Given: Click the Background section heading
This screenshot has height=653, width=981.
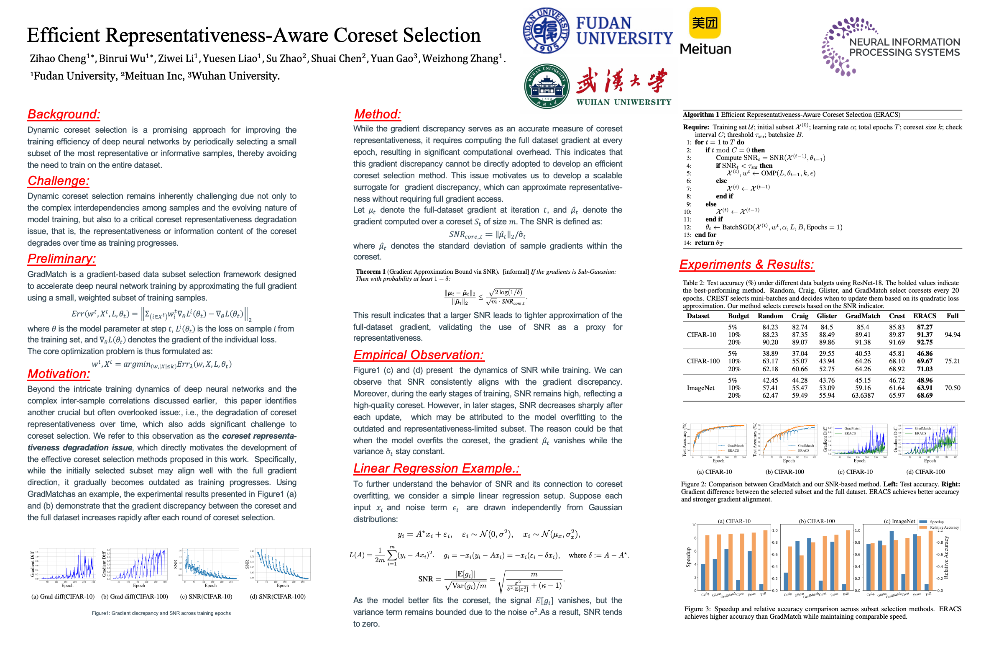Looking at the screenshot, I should click(x=64, y=114).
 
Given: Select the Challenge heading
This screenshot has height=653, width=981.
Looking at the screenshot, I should click(x=58, y=181).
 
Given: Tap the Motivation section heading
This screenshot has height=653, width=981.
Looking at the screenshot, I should click(x=59, y=374).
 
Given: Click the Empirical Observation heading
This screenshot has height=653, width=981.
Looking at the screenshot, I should click(x=418, y=355).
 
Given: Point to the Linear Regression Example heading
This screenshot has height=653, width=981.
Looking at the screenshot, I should click(x=437, y=468).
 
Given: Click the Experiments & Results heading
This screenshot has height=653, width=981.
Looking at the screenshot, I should click(x=746, y=265).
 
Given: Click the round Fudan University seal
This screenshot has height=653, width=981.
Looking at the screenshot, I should click(x=546, y=31).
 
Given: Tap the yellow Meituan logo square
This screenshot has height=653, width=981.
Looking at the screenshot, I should click(x=705, y=23).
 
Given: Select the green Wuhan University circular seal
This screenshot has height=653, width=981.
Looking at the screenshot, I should click(x=547, y=86).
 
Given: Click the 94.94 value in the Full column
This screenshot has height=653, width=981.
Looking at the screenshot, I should click(x=952, y=335).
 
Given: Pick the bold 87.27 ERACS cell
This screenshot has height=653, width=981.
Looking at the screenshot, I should click(x=925, y=327).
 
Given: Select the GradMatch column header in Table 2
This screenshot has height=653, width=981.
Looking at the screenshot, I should click(x=863, y=316).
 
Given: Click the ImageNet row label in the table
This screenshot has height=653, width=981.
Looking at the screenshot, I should click(x=700, y=388).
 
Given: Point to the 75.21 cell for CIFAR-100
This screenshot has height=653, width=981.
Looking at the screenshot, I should click(x=952, y=361).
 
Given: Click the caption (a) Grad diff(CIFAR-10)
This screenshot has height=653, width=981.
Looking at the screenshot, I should click(x=63, y=596).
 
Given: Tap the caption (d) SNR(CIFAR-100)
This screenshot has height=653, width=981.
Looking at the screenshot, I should click(x=278, y=596).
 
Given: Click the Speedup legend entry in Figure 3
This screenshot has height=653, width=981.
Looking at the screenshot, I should click(x=936, y=522).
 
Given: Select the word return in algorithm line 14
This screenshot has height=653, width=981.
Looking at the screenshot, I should click(x=704, y=243).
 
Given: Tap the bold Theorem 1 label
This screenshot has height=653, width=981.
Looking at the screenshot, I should click(x=370, y=272).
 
